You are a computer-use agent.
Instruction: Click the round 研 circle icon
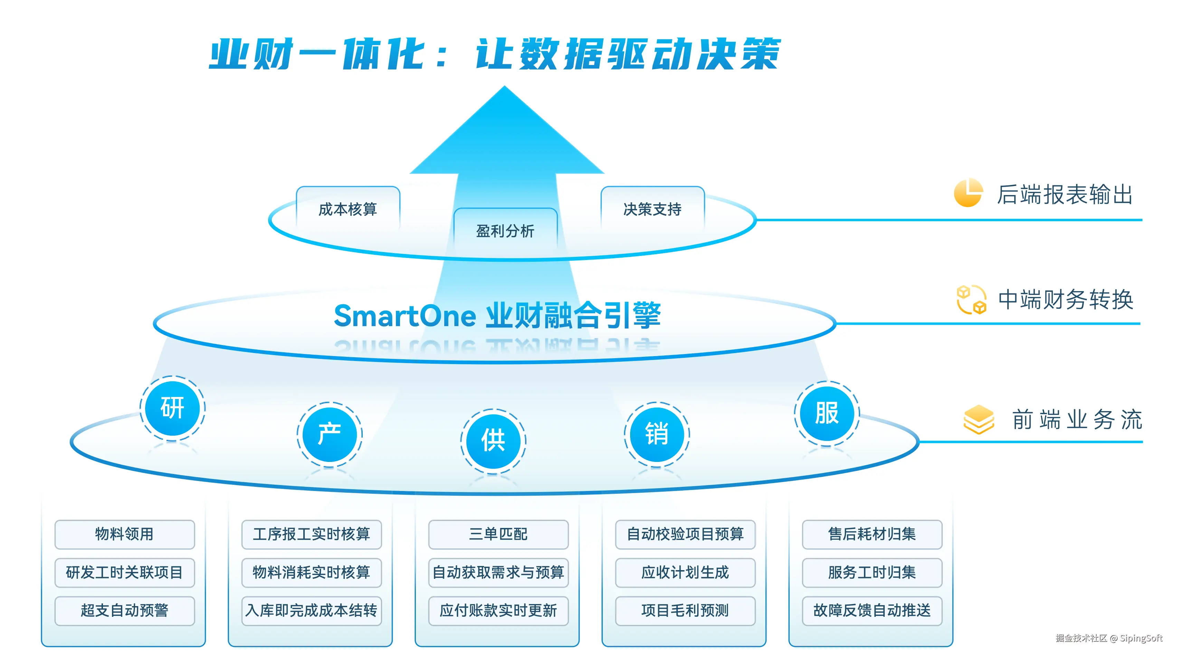tap(172, 408)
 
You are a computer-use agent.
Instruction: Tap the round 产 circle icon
tap(330, 434)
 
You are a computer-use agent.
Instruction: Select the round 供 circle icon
tap(493, 441)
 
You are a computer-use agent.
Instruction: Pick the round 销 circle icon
tap(657, 434)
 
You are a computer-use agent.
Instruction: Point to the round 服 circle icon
tap(827, 413)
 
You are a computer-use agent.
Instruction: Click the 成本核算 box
tap(348, 209)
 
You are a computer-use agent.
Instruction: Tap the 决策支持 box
tap(652, 209)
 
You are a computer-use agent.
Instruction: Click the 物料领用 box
tap(124, 534)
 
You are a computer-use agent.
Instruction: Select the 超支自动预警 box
tap(124, 611)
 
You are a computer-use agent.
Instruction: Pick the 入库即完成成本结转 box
tap(311, 611)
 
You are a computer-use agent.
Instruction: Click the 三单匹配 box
tap(498, 534)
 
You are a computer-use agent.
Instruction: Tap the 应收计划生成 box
tap(685, 573)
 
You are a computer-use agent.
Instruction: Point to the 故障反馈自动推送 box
tap(872, 611)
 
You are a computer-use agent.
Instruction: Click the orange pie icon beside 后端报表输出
tap(968, 193)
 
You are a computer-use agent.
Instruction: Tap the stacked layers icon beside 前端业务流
tap(979, 419)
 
